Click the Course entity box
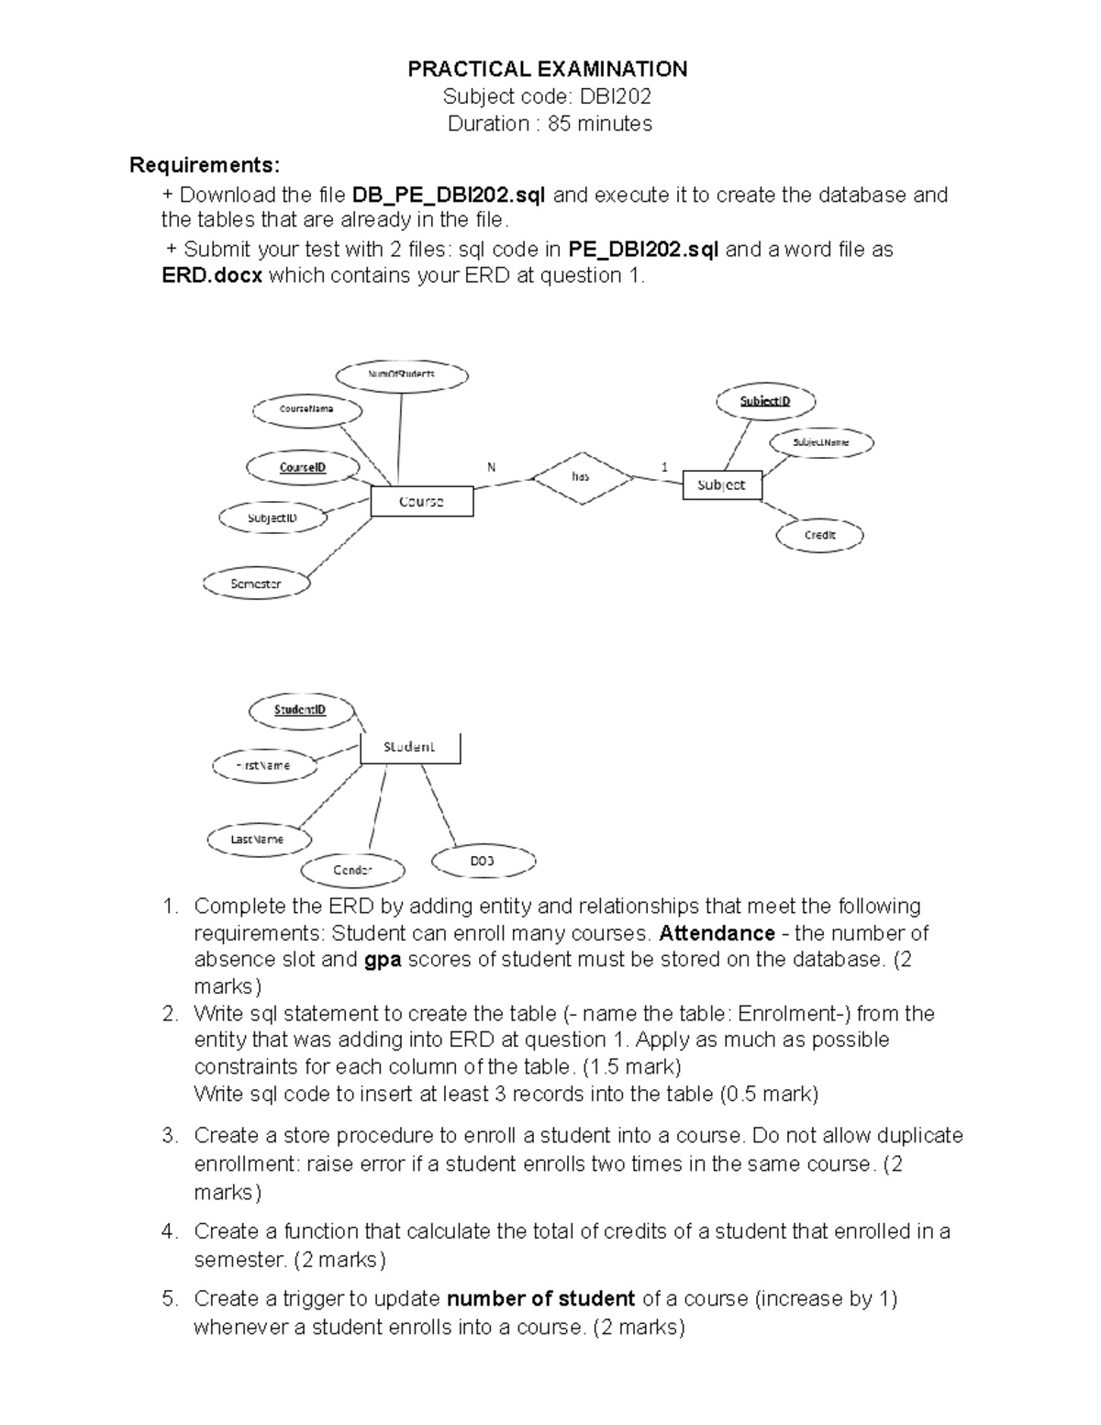421,502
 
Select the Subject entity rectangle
722,484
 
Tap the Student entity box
409,747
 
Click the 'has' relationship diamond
581,477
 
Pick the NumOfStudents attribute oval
402,374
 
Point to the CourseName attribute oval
306,408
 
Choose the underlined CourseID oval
303,467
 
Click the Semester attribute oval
256,584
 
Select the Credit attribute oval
819,535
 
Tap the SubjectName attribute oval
820,442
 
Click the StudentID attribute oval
300,709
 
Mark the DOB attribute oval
483,861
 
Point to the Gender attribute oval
352,869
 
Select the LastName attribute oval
258,839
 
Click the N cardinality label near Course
492,467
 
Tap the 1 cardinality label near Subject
664,467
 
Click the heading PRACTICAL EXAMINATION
548,70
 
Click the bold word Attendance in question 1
717,933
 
